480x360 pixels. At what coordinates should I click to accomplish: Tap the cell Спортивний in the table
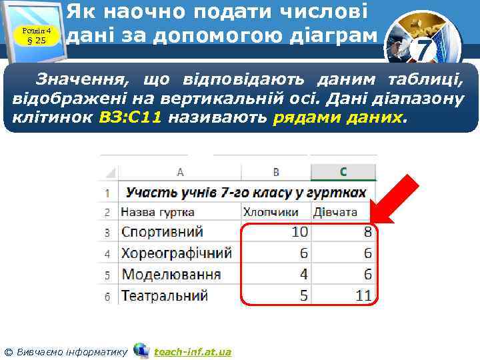(162, 232)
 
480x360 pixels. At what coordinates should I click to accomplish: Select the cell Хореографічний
(176, 253)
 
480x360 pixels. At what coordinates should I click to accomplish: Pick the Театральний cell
(165, 295)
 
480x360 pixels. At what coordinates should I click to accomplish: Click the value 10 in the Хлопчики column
(299, 232)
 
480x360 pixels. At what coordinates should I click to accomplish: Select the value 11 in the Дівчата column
(363, 295)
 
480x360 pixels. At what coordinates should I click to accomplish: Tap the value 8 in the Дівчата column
(367, 232)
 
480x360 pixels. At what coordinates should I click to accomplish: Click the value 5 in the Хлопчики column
(303, 295)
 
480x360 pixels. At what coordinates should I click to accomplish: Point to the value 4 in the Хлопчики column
(303, 274)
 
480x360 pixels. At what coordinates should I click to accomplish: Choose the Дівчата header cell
(335, 212)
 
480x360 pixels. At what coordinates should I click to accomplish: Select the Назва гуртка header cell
(158, 212)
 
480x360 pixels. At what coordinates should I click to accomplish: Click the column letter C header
(343, 172)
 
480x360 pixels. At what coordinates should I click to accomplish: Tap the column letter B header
(276, 172)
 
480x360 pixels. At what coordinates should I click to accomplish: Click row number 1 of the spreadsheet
(107, 193)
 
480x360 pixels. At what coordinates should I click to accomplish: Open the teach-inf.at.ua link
(192, 351)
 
